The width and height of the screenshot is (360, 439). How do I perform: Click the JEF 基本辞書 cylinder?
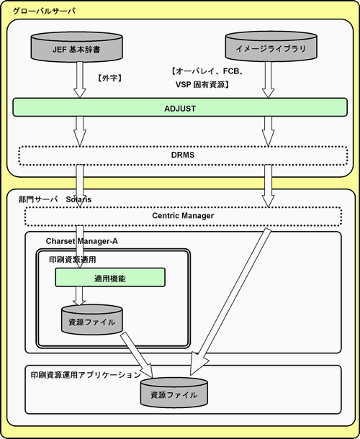[76, 47]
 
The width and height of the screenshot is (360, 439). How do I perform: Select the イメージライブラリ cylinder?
[271, 46]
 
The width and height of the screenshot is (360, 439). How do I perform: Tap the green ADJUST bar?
[180, 107]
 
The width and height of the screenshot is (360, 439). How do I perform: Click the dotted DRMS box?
[183, 155]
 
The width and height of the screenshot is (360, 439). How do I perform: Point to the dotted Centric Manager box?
[183, 216]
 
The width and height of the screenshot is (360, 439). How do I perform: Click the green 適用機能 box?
[110, 277]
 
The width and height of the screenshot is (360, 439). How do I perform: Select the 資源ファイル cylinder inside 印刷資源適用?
[92, 320]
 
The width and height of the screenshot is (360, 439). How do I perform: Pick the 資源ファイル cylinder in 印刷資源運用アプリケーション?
[174, 393]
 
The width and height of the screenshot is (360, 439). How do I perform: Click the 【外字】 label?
[110, 78]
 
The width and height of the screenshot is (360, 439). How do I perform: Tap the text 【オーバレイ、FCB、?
[207, 71]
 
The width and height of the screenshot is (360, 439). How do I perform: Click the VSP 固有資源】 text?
[203, 84]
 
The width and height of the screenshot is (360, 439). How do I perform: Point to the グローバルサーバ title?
[44, 12]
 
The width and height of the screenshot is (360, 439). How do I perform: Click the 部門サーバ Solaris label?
[55, 199]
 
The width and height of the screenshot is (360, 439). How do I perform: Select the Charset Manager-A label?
[82, 241]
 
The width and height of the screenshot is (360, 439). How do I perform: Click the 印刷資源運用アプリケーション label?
[86, 375]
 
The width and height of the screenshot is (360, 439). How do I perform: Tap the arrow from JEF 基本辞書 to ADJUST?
[80, 79]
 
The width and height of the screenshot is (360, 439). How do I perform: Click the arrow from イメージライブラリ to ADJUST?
[268, 79]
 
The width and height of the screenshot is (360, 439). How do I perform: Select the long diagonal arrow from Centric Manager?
[230, 302]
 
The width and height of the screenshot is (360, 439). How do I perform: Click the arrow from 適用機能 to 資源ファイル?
[79, 296]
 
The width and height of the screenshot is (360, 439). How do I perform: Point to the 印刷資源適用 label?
[73, 260]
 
